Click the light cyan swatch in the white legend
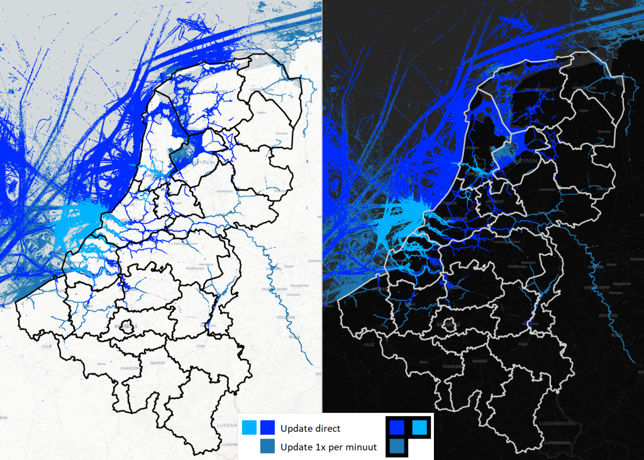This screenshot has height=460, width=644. pos(249,428)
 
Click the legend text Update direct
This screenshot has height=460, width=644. pos(311,429)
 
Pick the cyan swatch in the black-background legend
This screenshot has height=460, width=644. pos(419,427)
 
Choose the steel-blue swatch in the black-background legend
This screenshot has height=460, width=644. pos(397,446)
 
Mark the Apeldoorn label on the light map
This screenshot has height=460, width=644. pos(225,191)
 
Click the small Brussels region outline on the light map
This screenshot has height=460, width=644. pos(126,327)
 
